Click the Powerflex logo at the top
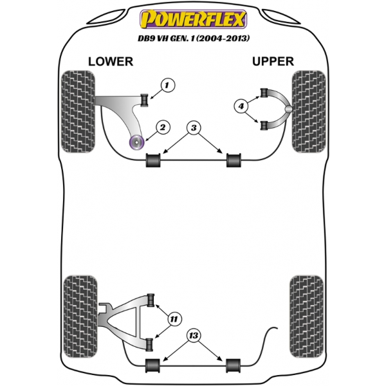pyautogui.click(x=193, y=19)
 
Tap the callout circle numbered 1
pyautogui.click(x=168, y=86)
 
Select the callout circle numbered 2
pyautogui.click(x=163, y=127)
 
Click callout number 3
pyautogui.click(x=194, y=128)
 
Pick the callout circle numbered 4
pyautogui.click(x=241, y=106)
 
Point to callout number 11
pyautogui.click(x=174, y=319)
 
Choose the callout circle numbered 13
pyautogui.click(x=194, y=335)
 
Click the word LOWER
pyautogui.click(x=111, y=62)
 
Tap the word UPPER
pyautogui.click(x=273, y=62)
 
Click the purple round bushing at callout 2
pyautogui.click(x=136, y=142)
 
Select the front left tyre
pyautogui.click(x=78, y=111)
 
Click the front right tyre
pyautogui.click(x=309, y=111)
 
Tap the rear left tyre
pyautogui.click(x=80, y=317)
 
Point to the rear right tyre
pyautogui.click(x=306, y=317)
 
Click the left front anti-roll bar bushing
pyautogui.click(x=153, y=160)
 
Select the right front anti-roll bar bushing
pyautogui.click(x=234, y=160)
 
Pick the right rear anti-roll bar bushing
pyautogui.click(x=234, y=365)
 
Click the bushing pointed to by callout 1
pyautogui.click(x=145, y=100)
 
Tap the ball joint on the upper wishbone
pyautogui.click(x=288, y=109)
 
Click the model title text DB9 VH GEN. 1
pyautogui.click(x=167, y=39)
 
